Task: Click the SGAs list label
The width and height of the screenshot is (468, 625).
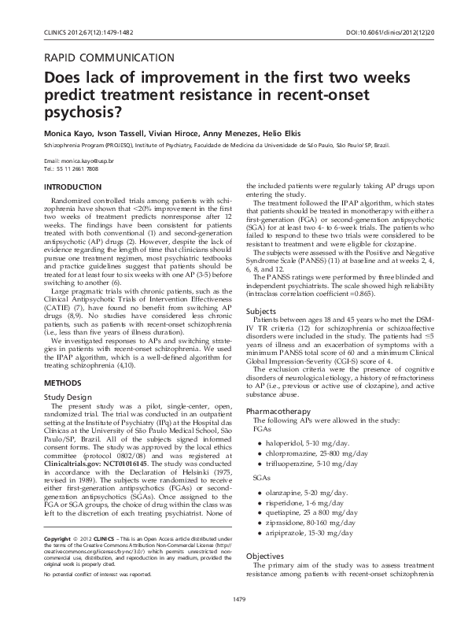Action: pyautogui.click(x=257, y=477)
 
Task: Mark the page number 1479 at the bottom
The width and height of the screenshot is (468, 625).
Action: pyautogui.click(x=234, y=601)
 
